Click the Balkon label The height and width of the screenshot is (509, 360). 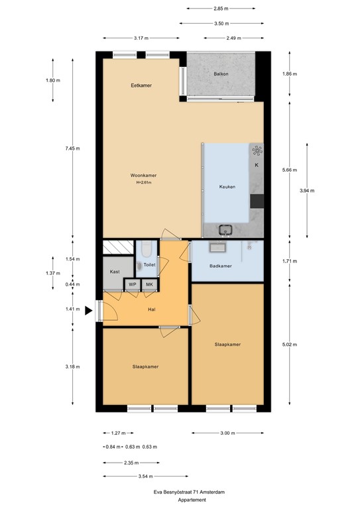221,74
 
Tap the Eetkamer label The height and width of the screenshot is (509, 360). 141,85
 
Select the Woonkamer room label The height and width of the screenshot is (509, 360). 143,175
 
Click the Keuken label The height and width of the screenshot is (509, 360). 227,187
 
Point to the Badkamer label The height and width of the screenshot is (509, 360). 221,266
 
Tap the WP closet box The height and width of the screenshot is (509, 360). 133,284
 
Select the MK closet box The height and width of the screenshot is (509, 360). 149,284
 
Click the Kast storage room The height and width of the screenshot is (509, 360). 115,272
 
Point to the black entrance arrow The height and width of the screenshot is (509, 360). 89,311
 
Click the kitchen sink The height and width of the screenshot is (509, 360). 225,229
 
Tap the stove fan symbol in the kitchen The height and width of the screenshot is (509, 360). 257,150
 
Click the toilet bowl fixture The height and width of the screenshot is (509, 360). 145,249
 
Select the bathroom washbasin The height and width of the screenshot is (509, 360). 216,247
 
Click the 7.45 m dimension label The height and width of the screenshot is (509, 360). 72,148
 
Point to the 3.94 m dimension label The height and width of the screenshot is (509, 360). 307,191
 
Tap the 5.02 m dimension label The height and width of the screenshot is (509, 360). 290,345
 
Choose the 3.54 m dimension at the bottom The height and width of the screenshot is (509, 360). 145,477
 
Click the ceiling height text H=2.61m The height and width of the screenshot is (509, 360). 144,182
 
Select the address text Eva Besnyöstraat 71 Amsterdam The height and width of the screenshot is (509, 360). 189,492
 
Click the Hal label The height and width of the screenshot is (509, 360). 152,310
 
